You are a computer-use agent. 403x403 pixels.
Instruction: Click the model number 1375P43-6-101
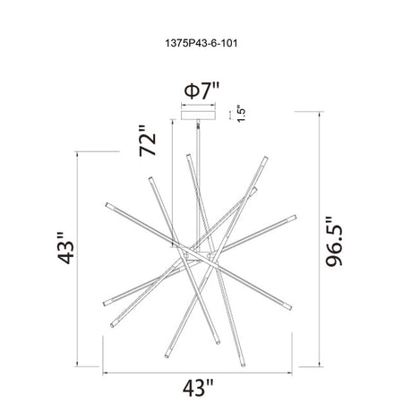(x=201, y=44)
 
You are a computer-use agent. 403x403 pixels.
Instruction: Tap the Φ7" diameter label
(x=201, y=90)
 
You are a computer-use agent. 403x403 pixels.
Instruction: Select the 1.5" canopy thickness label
(x=241, y=113)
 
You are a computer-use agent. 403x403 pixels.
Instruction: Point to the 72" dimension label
(x=148, y=141)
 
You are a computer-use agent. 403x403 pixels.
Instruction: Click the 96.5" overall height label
(x=334, y=241)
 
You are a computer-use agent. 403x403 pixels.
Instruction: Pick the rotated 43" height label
(x=65, y=247)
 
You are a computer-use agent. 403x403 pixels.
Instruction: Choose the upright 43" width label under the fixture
(x=199, y=388)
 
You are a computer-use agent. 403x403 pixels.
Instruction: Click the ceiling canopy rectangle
(x=198, y=116)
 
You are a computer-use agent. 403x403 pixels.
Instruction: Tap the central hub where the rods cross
(x=198, y=255)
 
